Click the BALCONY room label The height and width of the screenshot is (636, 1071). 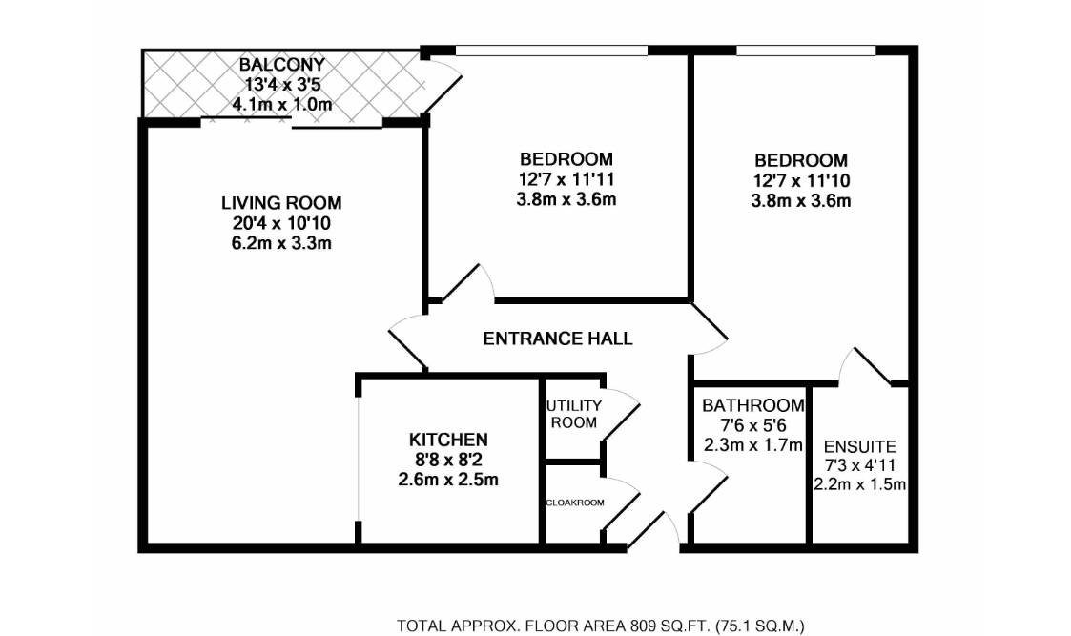(281, 65)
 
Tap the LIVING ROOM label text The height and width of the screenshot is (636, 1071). (281, 203)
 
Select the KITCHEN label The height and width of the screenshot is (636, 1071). (448, 440)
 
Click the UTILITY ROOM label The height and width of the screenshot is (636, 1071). (572, 414)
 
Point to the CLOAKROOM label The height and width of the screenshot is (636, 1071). (574, 503)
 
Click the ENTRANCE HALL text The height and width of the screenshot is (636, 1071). (558, 339)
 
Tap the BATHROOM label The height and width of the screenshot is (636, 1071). (752, 405)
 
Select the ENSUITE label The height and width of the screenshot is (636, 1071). (859, 445)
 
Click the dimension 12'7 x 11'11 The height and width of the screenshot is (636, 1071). (566, 178)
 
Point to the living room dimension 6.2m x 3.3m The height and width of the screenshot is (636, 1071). (281, 243)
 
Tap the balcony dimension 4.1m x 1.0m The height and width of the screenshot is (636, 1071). (281, 104)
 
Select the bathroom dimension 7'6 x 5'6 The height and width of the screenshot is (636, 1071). (752, 425)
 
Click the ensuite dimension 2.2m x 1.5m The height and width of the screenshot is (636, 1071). (859, 484)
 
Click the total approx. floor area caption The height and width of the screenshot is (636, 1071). (601, 626)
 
